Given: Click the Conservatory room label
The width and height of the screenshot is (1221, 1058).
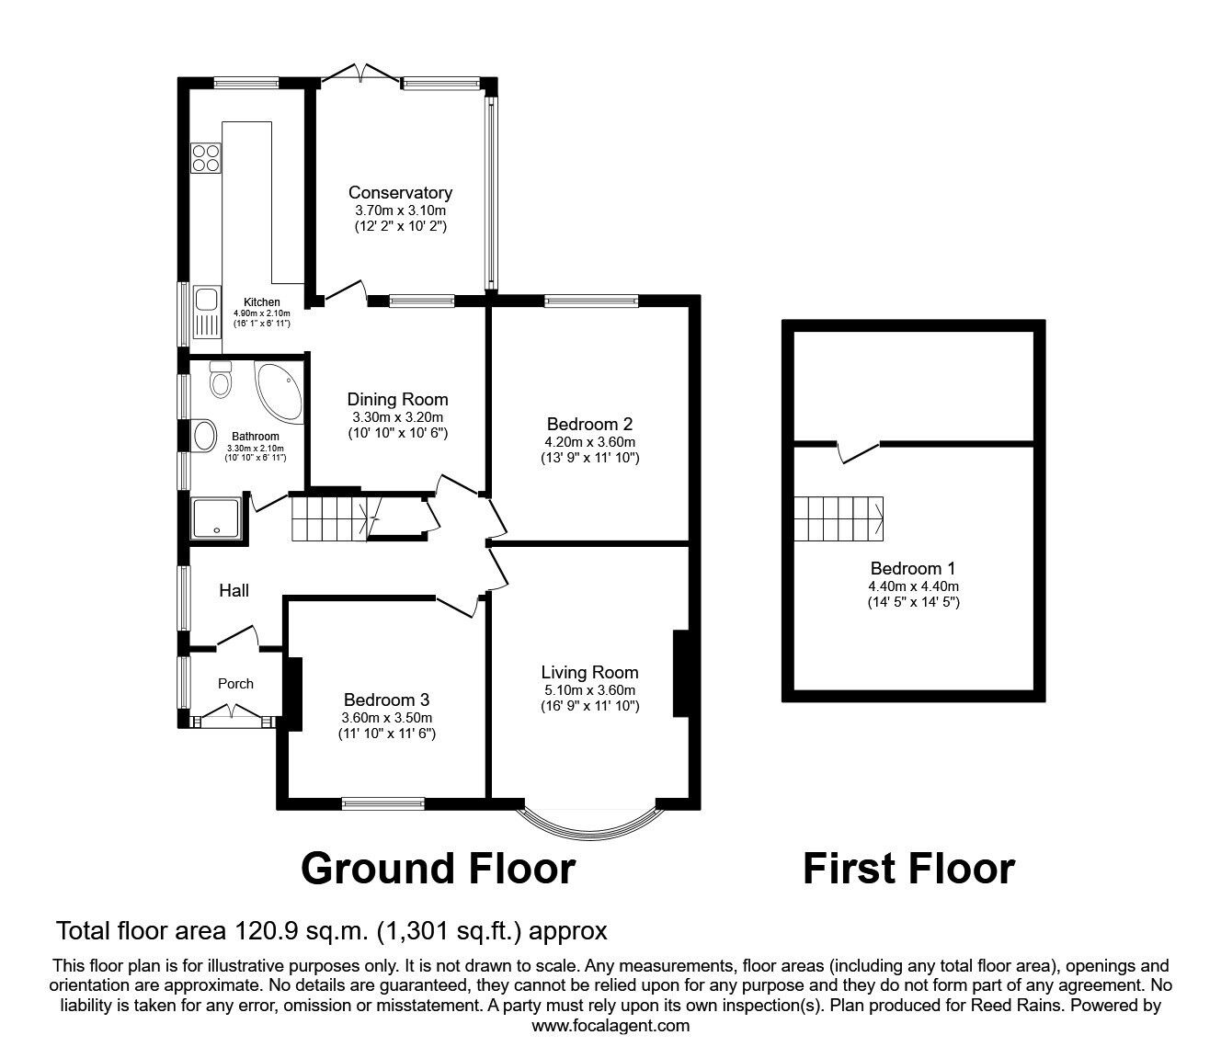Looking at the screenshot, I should [x=400, y=193].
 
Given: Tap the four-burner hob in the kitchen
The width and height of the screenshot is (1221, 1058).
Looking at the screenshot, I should [x=205, y=158].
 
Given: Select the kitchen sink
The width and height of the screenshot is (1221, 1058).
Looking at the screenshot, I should [x=205, y=299].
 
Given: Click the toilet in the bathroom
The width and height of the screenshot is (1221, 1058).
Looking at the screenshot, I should [x=220, y=379].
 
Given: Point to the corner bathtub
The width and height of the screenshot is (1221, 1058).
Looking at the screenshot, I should [x=276, y=388].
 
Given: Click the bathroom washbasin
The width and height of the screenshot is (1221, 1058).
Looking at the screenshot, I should [x=204, y=434].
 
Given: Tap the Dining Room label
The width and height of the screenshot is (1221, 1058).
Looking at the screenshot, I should [x=397, y=399].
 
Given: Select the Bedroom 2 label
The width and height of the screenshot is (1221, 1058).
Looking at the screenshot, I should [x=589, y=424].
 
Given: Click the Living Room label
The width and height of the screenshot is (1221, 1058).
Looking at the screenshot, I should [x=589, y=672].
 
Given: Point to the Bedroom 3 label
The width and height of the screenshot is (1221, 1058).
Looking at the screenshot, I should [x=386, y=700].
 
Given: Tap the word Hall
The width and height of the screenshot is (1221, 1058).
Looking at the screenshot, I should [x=234, y=591].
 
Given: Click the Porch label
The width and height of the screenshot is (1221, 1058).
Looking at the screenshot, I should [x=235, y=683].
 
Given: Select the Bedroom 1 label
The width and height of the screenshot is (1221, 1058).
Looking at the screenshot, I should [x=913, y=568].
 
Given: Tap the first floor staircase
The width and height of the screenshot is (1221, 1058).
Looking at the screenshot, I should [x=839, y=519].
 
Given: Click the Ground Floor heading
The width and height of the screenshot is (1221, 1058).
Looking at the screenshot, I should [x=438, y=869].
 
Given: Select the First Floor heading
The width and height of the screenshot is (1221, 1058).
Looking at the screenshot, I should [x=908, y=869].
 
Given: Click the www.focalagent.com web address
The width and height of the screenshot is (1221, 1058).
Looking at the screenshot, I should [x=610, y=1026].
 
